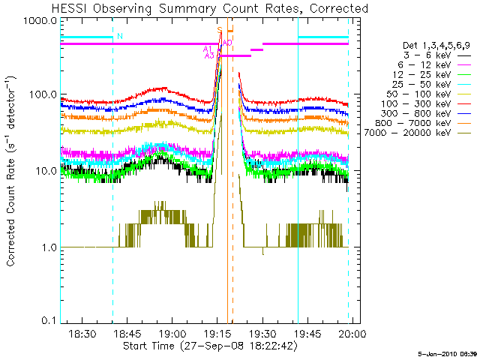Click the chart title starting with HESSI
(x=210, y=9)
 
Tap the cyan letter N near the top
(x=120, y=36)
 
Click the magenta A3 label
(x=209, y=55)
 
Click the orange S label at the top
(x=220, y=30)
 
